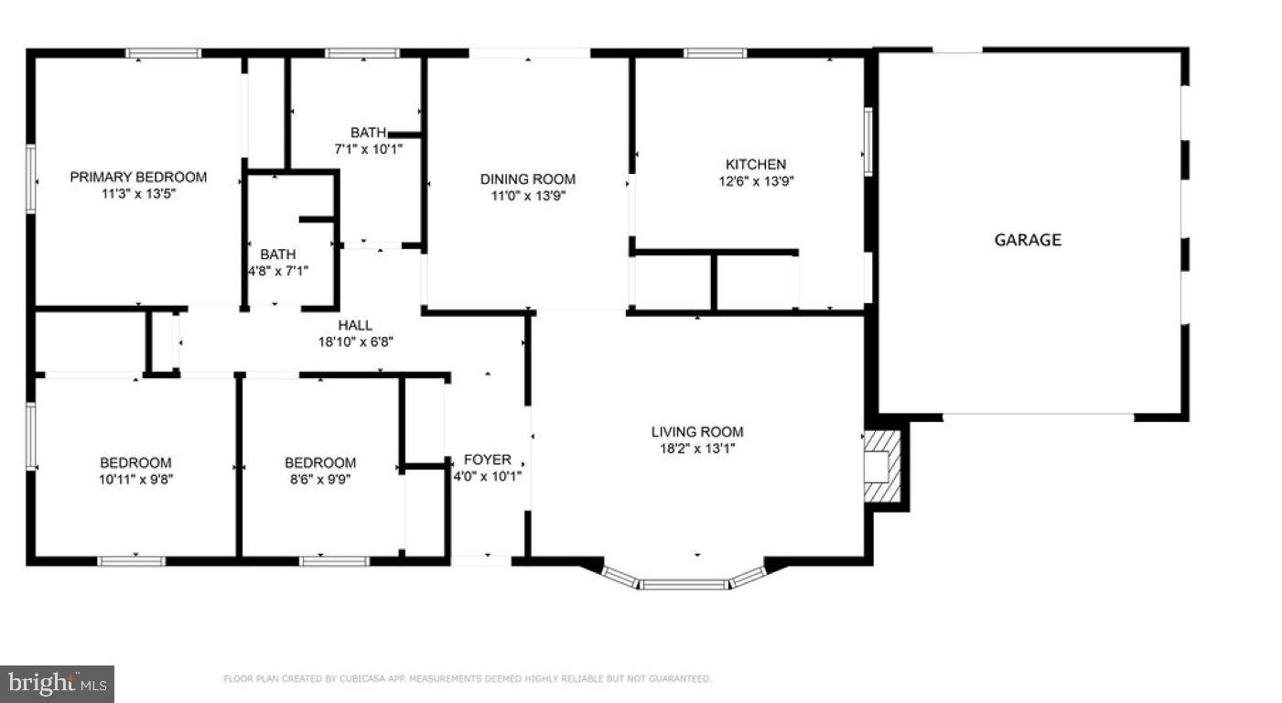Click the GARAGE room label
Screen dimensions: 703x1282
(1028, 240)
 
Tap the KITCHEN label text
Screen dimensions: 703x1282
(755, 165)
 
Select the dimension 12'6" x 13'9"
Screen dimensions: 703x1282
(755, 181)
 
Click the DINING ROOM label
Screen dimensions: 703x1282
(528, 179)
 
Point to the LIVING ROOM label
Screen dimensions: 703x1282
(697, 432)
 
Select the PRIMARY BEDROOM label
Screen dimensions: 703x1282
(138, 177)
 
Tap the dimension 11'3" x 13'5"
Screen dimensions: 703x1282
(138, 194)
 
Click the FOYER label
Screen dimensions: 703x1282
(488, 460)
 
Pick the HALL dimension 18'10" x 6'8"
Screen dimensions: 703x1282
(355, 342)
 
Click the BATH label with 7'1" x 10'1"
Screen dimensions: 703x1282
(368, 132)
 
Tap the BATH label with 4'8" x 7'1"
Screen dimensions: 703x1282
(277, 254)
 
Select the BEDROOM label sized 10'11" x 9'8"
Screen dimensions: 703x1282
(135, 463)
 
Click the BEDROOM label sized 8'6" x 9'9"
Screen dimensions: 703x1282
(320, 463)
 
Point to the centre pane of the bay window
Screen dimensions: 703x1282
(684, 584)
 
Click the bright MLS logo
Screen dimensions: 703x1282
(57, 683)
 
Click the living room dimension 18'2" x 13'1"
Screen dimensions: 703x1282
(697, 449)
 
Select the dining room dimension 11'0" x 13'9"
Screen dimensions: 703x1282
(528, 196)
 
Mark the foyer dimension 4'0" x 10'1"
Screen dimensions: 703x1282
(488, 476)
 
